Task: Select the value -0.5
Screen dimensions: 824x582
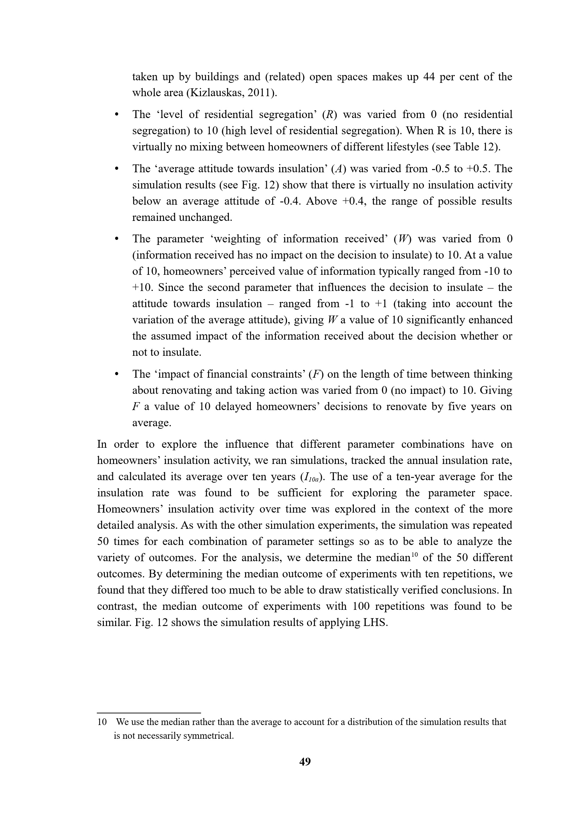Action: [x=442, y=169]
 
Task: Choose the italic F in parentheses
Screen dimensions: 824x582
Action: [x=316, y=374]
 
